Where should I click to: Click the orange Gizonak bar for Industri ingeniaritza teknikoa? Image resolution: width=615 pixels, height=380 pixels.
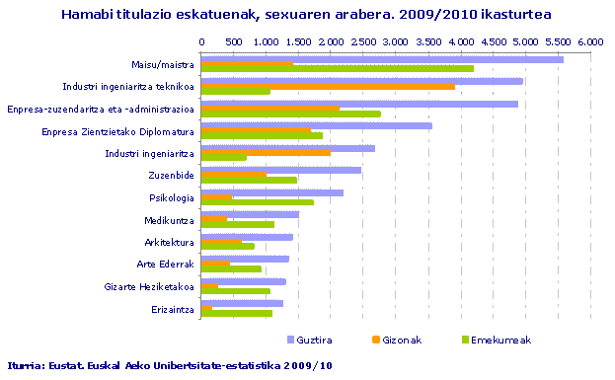click(328, 87)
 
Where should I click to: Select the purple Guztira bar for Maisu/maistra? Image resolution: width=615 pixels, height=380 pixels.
click(382, 59)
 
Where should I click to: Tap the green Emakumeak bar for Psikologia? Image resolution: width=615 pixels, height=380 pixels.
click(257, 202)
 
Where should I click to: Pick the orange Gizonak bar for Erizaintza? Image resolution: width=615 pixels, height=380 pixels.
click(206, 308)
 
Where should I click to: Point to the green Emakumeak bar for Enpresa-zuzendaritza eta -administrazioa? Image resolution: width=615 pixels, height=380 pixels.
click(290, 114)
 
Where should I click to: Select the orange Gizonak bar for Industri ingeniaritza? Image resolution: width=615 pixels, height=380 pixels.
click(266, 153)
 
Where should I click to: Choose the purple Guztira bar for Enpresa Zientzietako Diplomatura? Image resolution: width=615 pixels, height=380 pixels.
click(316, 125)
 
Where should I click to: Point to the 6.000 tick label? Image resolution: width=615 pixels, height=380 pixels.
click(590, 41)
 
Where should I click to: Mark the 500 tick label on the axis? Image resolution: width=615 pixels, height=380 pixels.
click(233, 41)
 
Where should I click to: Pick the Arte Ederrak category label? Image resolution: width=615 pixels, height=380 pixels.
click(165, 265)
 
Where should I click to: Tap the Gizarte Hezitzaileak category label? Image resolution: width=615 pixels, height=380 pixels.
click(148, 286)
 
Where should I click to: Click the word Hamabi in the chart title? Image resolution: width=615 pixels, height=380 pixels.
click(87, 15)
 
